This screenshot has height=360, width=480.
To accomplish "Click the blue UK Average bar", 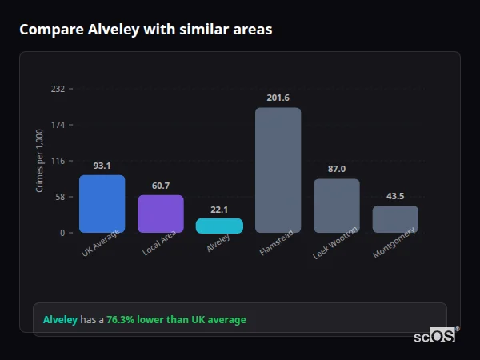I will tap(102, 204).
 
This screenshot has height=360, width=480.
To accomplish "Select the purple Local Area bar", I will tap(161, 214).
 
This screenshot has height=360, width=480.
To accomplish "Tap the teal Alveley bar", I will tap(219, 226).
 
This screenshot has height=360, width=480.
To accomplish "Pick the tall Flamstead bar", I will tap(278, 170).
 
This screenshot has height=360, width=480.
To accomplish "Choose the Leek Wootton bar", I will tap(337, 206).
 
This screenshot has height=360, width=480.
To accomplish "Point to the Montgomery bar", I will tap(395, 219).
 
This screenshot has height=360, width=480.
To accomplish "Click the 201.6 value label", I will tap(278, 98).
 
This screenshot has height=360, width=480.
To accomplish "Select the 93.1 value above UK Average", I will tap(102, 166).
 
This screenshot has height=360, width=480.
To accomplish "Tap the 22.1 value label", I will tap(219, 210).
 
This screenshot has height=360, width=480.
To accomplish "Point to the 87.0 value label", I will tap(337, 169).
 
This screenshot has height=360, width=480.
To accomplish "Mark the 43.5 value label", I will tap(395, 196).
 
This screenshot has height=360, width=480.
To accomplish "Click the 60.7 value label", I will tap(161, 186).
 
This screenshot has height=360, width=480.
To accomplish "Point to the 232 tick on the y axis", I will tap(58, 89).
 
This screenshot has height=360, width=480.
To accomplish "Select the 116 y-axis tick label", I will tap(58, 161).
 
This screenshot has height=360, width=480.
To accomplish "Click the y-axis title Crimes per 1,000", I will tap(39, 161).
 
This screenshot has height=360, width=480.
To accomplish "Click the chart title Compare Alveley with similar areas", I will tap(146, 30).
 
